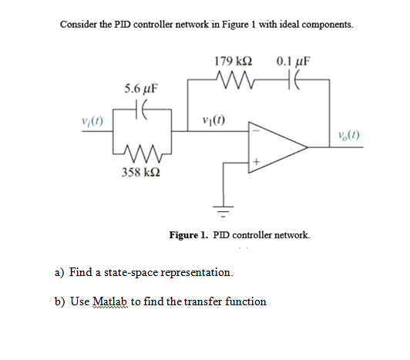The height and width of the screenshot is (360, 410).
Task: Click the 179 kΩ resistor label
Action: tap(235, 61)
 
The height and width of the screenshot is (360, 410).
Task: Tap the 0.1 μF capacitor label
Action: tap(291, 61)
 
